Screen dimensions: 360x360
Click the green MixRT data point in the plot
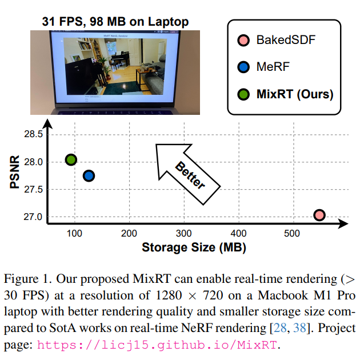pyautogui.click(x=71, y=160)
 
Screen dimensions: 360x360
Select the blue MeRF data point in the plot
pyautogui.click(x=89, y=175)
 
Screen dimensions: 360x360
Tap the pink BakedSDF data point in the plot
pyautogui.click(x=319, y=215)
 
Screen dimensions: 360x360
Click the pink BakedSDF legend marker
pyautogui.click(x=243, y=41)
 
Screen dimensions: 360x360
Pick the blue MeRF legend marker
pyautogui.click(x=243, y=67)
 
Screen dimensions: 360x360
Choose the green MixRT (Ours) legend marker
pyautogui.click(x=243, y=94)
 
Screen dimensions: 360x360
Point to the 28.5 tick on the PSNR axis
pyautogui.click(x=33, y=134)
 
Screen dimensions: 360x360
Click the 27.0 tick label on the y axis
pyautogui.click(x=33, y=217)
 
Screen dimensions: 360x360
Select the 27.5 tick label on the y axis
pyautogui.click(x=33, y=190)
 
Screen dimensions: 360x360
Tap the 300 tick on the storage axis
pyautogui.click(x=184, y=233)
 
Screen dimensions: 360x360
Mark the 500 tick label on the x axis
pyautogui.click(x=291, y=233)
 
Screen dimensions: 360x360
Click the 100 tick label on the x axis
pyautogui.click(x=75, y=233)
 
